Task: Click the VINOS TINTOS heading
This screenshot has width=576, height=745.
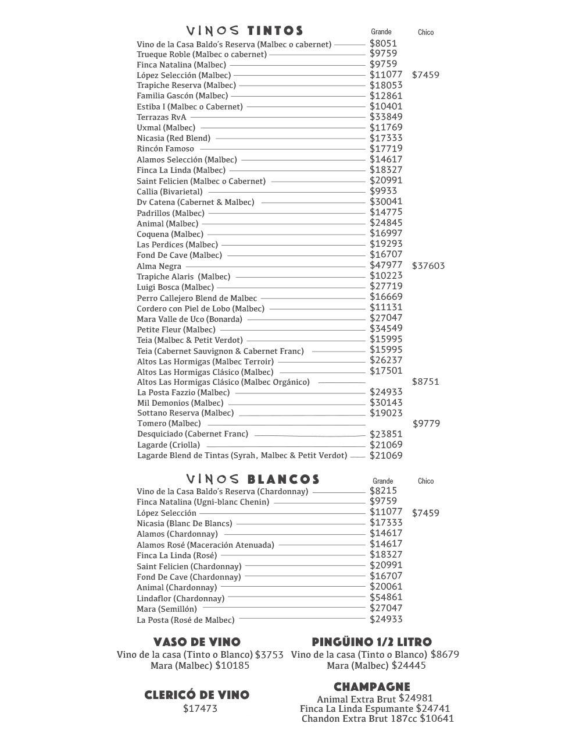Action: [x=245, y=31]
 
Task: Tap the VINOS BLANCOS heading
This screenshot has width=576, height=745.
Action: [x=253, y=480]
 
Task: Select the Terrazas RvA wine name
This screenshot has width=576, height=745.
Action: [x=162, y=117]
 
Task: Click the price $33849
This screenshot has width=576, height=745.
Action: [x=386, y=116]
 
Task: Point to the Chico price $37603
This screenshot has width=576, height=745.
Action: [x=428, y=266]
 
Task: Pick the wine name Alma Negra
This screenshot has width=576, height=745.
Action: [x=159, y=266]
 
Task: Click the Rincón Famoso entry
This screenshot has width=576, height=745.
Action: [x=166, y=148]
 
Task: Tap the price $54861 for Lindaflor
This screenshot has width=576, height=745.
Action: [x=386, y=597]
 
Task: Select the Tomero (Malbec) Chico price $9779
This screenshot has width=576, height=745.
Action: [x=427, y=424]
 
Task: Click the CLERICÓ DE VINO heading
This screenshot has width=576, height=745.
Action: [x=197, y=695]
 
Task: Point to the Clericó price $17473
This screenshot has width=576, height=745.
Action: [x=200, y=708]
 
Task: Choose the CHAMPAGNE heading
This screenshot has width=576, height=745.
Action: [x=372, y=687]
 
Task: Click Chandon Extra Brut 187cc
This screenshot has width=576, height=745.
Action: [x=359, y=718]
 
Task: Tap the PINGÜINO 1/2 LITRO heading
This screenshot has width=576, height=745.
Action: [x=372, y=642]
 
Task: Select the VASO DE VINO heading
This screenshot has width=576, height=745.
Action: [x=197, y=642]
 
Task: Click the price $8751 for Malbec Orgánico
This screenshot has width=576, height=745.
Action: [x=425, y=382]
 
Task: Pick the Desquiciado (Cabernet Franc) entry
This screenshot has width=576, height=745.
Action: [x=192, y=434]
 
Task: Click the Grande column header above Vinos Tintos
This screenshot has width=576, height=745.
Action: [x=381, y=32]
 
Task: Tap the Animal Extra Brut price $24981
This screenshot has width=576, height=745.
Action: [x=416, y=698]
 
